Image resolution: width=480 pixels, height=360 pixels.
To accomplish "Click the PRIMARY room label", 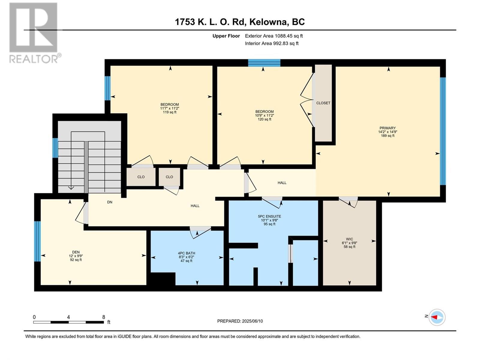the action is coord(388,128).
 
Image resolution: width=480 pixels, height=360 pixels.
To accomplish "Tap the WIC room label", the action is coord(349,239).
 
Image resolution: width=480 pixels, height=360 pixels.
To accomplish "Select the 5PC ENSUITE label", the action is coord(269,216).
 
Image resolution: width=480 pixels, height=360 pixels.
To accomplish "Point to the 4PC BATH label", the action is coord(186,253).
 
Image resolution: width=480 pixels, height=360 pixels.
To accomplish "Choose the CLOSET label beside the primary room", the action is coord(323,103).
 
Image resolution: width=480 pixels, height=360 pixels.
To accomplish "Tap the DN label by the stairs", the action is coord(109,202).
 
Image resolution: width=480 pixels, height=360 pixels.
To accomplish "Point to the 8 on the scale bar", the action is coord(104,317).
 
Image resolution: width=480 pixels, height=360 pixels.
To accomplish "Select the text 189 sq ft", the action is coord(388,136).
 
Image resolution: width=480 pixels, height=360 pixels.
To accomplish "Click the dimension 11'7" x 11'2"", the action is coord(170,108).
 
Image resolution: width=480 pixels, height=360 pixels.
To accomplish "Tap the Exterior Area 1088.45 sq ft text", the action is coord(274,36).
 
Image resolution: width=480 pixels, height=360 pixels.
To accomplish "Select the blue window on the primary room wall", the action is coord(443,131).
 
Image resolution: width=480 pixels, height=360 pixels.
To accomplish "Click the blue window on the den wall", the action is coord(37,241).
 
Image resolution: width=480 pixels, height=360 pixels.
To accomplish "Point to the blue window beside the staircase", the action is coord(55,148).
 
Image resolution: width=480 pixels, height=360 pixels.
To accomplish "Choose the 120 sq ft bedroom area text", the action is coord(264,119).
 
